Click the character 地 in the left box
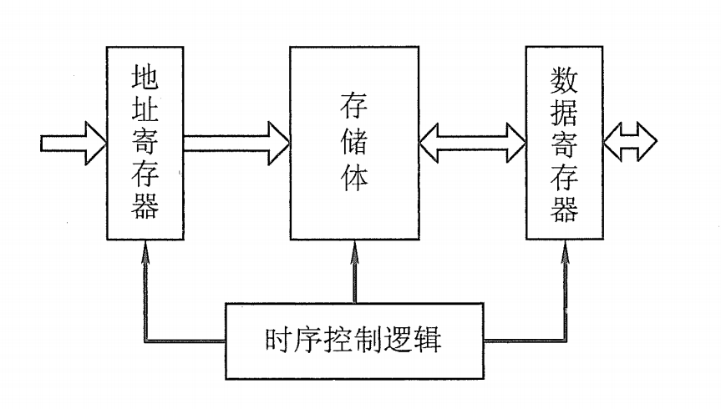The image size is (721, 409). tap(145, 77)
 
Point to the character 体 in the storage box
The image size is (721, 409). tap(354, 178)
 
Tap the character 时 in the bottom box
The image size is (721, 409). tap(277, 341)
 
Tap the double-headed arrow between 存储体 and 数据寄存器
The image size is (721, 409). tap(472, 143)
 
